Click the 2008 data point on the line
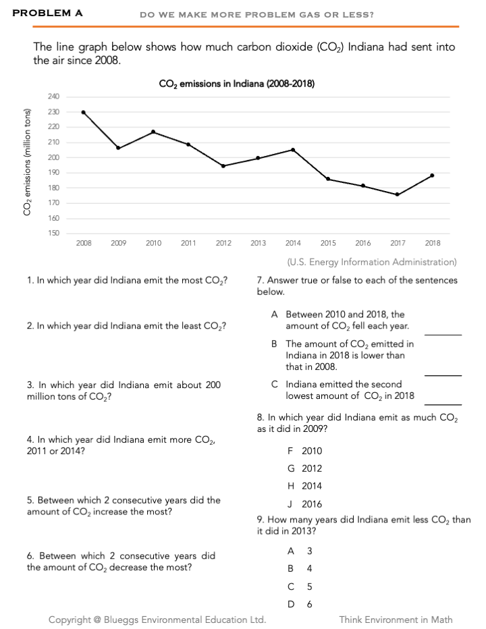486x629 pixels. point(83,112)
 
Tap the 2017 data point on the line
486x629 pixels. point(397,194)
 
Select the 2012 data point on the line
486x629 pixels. point(223,166)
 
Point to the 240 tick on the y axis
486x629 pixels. point(53,97)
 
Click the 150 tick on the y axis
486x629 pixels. point(53,234)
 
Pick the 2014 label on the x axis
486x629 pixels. point(293,243)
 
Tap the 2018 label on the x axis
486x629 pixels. point(433,243)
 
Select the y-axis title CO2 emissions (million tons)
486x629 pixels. point(28,162)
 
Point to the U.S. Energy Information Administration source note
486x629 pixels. point(371,262)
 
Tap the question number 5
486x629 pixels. point(30,500)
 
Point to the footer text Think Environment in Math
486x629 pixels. point(396,620)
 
